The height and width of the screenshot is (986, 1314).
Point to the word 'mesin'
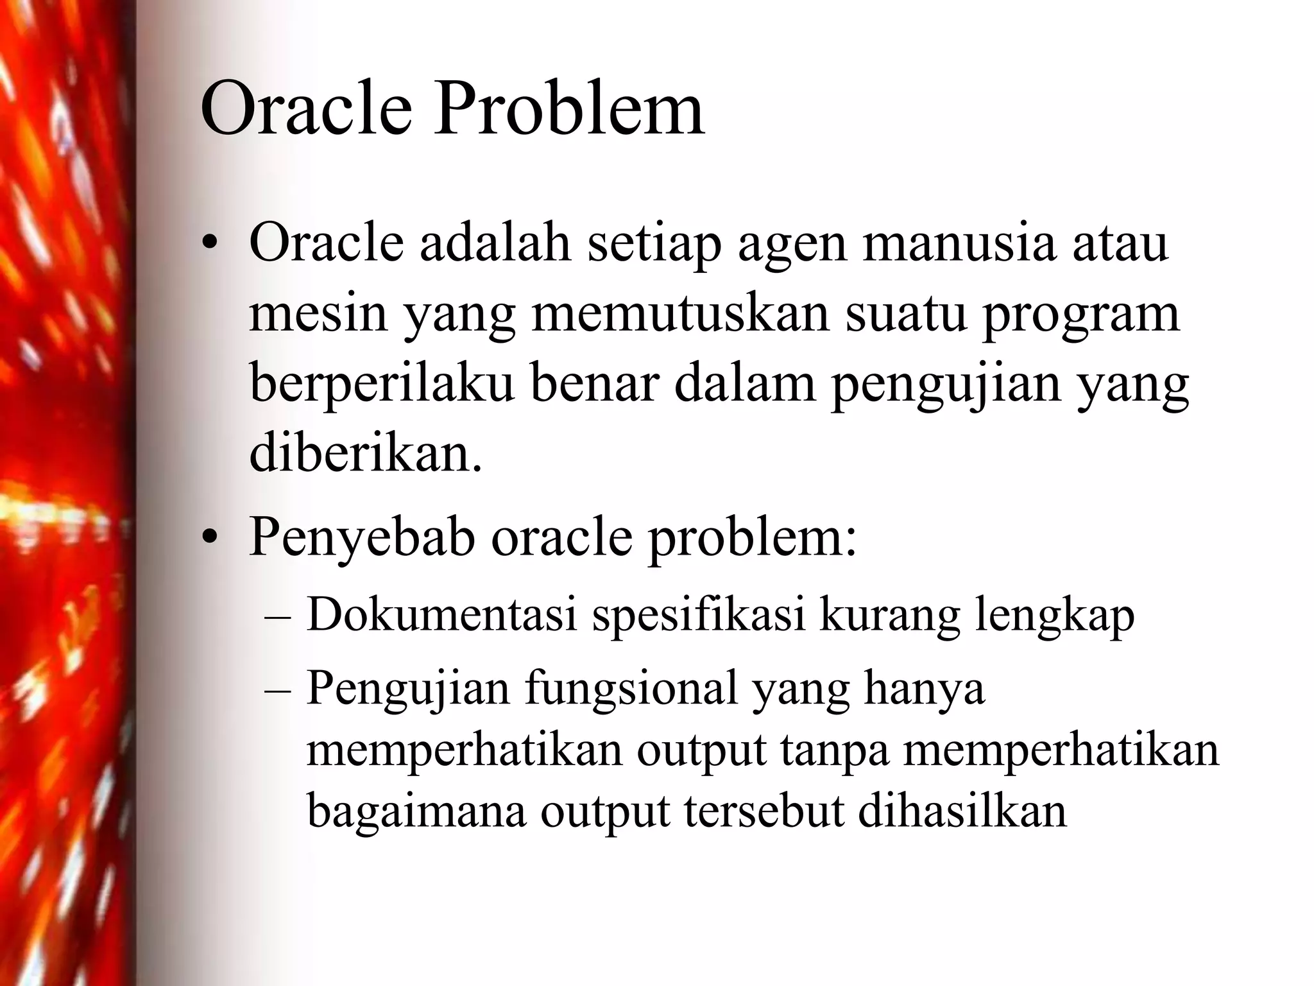318,315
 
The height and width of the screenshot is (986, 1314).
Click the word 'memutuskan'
681,315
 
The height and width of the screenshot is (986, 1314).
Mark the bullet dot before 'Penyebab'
208,540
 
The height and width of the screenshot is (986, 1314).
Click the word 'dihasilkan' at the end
962,811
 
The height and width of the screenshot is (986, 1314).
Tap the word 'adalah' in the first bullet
495,244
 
